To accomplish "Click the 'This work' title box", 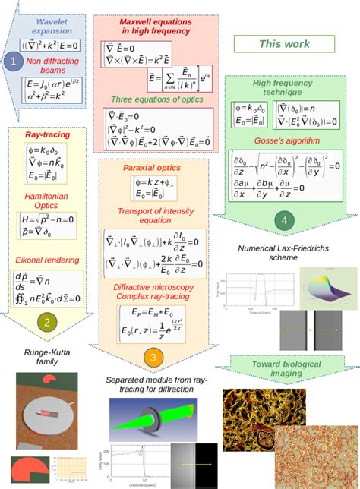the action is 284,45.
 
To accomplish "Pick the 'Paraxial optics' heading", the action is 150,166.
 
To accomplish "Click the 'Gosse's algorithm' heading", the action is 283,140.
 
